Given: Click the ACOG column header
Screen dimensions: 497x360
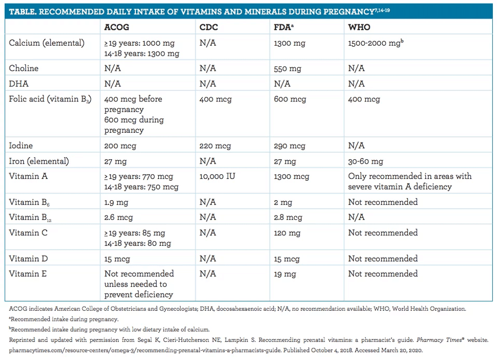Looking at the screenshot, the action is [x=117, y=27].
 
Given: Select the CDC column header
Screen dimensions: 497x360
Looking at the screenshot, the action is [x=209, y=27].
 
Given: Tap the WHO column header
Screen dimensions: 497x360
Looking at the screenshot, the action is [x=359, y=27].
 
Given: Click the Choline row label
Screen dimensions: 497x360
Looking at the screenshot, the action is [x=23, y=68].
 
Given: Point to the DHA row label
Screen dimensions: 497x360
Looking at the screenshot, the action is [x=19, y=84].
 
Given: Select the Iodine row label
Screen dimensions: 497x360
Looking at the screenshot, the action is [x=21, y=145].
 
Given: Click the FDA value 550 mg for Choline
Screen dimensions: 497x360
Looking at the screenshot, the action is [x=287, y=69].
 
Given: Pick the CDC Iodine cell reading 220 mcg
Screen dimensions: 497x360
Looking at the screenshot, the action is [x=215, y=146].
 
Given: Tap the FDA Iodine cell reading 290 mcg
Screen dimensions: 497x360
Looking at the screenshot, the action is [x=290, y=146].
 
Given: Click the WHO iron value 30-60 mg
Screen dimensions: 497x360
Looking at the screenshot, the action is [x=365, y=161].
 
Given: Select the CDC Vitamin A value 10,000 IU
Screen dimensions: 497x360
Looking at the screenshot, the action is [x=217, y=176].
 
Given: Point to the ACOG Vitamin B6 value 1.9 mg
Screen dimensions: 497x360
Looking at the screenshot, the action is [x=116, y=202].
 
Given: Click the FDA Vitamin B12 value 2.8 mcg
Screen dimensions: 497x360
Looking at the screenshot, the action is [x=288, y=217].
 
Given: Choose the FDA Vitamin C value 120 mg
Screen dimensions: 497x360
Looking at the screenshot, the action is [x=287, y=233].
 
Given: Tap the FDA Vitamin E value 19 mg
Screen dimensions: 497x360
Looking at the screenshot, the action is [x=285, y=274].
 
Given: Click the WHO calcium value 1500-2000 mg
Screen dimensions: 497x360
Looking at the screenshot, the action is [x=375, y=43].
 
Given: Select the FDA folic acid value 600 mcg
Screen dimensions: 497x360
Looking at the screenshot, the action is [x=290, y=99].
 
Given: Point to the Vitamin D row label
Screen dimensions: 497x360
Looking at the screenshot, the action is [x=28, y=259].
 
